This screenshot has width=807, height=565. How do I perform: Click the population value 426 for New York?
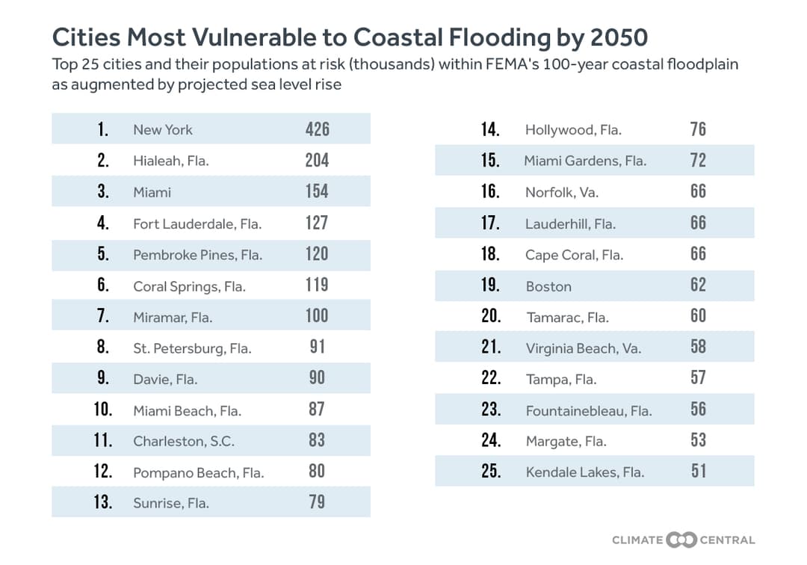[317, 129]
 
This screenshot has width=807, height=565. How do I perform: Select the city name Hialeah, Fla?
[170, 161]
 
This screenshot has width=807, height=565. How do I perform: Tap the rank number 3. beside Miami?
[103, 191]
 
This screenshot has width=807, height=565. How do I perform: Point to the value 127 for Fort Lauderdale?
[317, 223]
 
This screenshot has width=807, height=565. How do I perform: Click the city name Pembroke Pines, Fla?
[197, 255]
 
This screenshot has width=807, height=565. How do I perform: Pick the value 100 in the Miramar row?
[317, 315]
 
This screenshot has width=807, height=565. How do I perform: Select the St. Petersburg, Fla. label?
[192, 348]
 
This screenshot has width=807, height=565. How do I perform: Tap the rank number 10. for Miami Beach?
[103, 410]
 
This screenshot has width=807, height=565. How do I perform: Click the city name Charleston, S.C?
[183, 441]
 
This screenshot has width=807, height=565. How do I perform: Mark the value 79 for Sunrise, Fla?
[317, 502]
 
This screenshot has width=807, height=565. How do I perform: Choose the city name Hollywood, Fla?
[573, 130]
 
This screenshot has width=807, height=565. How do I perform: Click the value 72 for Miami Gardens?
[698, 161]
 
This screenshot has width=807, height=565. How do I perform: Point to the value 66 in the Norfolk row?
[698, 191]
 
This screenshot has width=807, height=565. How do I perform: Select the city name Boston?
[548, 286]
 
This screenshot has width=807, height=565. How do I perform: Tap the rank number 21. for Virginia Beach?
[491, 347]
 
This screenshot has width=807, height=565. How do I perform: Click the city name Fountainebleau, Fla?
[589, 410]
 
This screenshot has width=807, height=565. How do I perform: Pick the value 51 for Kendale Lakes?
[698, 472]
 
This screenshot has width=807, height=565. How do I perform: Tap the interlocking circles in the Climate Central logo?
[681, 540]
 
